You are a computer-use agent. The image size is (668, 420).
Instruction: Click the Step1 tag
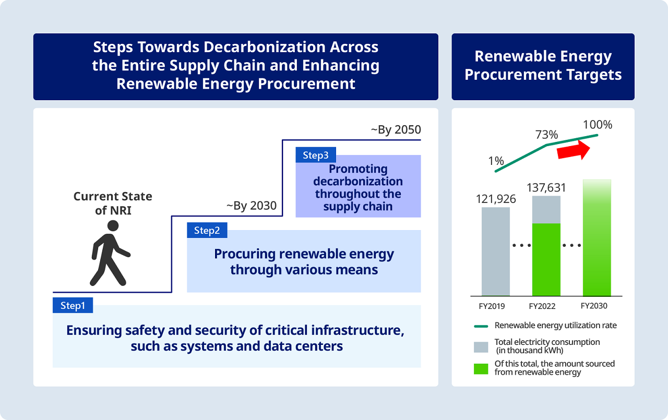tap(73, 305)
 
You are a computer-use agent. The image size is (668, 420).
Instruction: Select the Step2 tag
tap(207, 230)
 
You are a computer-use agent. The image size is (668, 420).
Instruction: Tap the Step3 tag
tap(316, 155)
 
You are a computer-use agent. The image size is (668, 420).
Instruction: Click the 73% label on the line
tap(546, 135)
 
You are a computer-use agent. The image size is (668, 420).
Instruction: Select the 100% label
tap(598, 125)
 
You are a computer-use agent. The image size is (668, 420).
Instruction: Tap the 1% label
tap(496, 161)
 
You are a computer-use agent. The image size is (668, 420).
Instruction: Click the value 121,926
tap(495, 199)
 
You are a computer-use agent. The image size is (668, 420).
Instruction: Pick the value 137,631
tap(546, 187)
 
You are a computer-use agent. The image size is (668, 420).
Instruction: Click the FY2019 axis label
tap(495, 306)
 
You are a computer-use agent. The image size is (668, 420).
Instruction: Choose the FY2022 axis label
tap(546, 306)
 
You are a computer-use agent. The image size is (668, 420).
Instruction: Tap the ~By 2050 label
tap(396, 130)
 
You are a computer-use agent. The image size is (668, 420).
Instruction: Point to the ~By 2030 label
tap(252, 206)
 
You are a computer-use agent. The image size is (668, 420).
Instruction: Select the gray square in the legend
tap(481, 346)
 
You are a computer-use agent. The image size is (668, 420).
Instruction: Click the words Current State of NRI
tap(113, 203)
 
